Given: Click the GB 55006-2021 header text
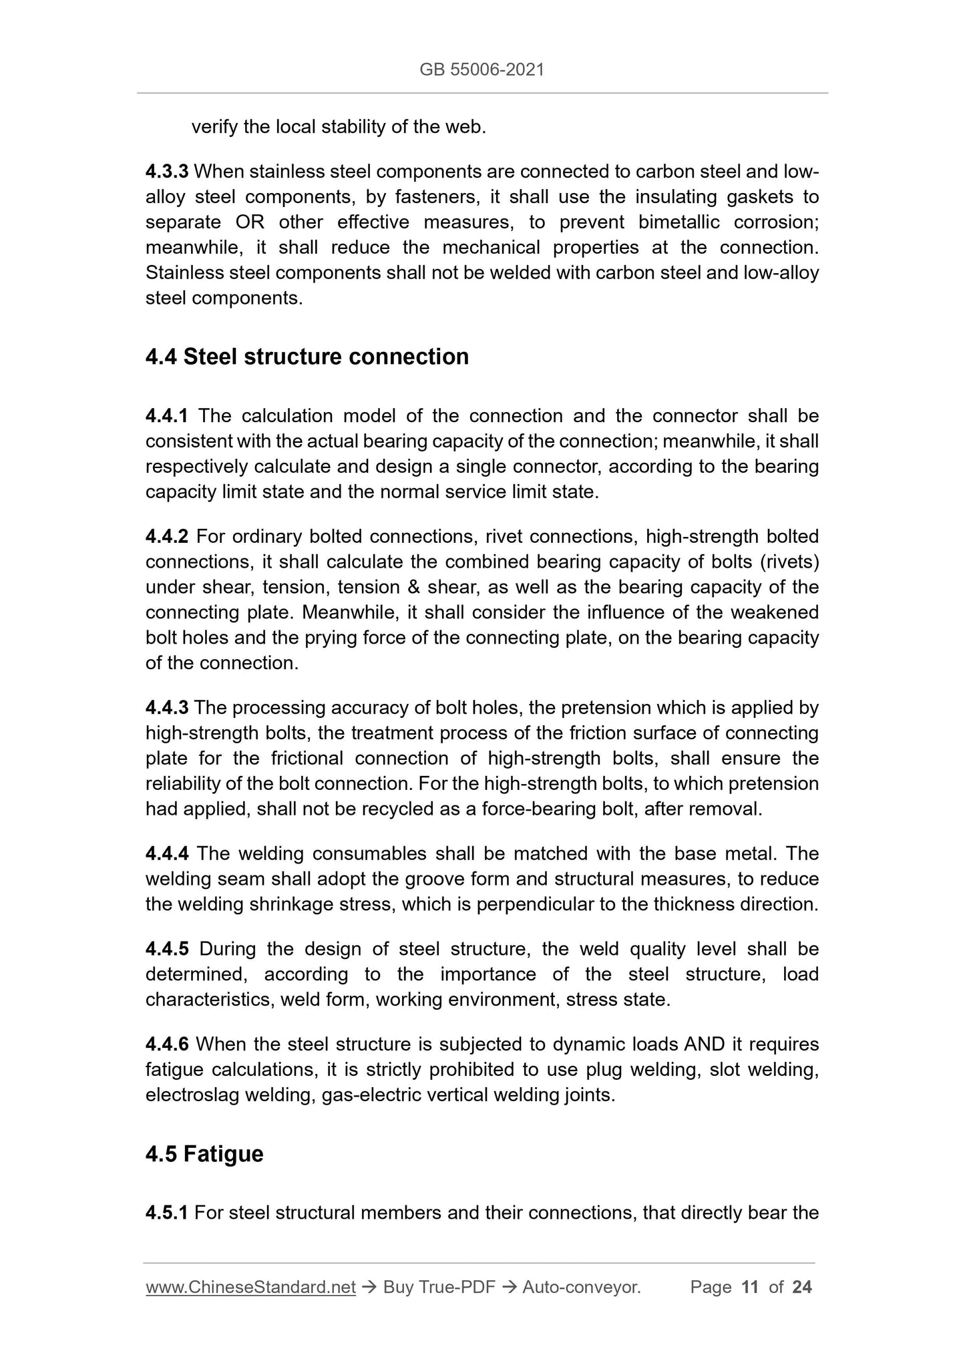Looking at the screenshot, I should tap(481, 69).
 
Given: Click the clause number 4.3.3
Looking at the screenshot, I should tap(167, 172).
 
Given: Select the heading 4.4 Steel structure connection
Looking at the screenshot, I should tap(307, 357).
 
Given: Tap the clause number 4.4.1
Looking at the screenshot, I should tap(167, 416).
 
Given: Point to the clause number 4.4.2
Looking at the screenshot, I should tap(167, 536).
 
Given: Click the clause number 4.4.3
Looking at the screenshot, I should tap(167, 707).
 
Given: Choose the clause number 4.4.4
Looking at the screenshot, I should tap(167, 853).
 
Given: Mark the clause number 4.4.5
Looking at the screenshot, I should tap(167, 949).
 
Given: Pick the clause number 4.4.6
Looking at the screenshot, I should tap(167, 1044).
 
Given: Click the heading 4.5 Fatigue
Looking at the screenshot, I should tap(204, 1154).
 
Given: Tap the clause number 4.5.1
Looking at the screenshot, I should tap(167, 1213).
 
